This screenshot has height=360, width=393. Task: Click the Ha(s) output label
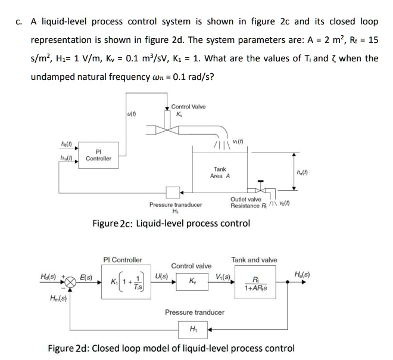(x=302, y=275)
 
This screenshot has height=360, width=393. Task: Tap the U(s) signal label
(x=160, y=277)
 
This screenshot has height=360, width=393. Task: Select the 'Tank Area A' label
(x=220, y=172)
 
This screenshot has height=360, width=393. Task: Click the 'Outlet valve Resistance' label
(x=245, y=203)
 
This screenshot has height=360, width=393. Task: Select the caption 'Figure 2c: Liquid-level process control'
(x=171, y=224)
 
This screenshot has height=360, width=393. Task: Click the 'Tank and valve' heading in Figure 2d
(x=254, y=260)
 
